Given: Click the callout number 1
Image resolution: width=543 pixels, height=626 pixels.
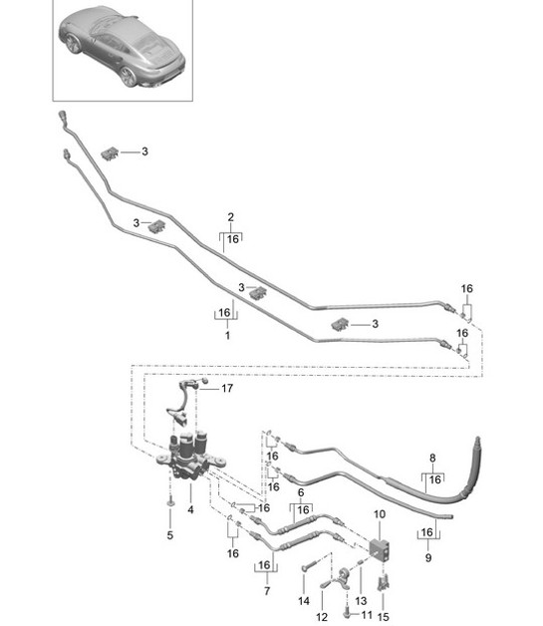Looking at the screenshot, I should [x=227, y=337].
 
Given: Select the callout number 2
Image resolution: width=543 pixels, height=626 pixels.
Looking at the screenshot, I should [x=231, y=216].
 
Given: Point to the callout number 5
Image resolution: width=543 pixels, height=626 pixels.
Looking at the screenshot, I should [x=169, y=536].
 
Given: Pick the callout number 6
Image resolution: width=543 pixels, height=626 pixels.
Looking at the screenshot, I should [x=300, y=492].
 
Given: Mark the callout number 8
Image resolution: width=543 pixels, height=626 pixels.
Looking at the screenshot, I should [x=433, y=459].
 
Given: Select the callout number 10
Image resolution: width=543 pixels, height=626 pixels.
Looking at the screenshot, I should [x=379, y=514].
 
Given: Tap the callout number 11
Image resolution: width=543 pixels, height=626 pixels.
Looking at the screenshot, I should [x=367, y=615].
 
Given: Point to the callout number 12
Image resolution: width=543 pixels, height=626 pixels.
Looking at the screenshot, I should [x=321, y=604].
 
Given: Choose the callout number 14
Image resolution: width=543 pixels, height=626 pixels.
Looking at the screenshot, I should [x=303, y=601].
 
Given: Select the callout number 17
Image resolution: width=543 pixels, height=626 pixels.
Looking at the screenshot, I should [x=226, y=388].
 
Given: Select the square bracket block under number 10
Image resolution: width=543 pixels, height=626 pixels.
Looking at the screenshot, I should [x=380, y=547].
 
